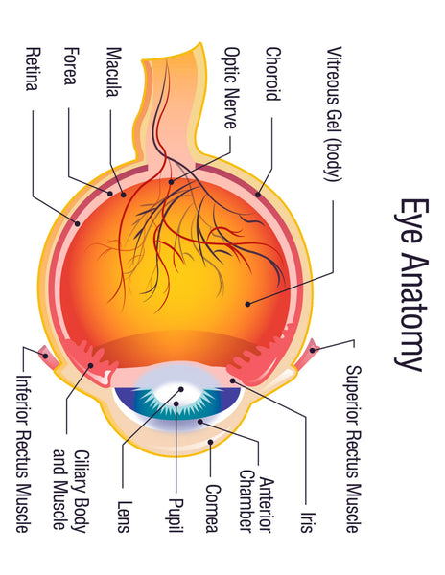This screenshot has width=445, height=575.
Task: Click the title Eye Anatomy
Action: pyautogui.click(x=411, y=285)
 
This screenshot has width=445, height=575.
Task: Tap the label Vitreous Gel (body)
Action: pyautogui.click(x=334, y=114)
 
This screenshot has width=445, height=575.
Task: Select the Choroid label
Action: pyautogui.click(x=273, y=74)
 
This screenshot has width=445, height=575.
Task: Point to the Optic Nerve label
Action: pyautogui.click(x=231, y=88)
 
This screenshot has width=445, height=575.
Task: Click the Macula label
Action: pyautogui.click(x=113, y=72)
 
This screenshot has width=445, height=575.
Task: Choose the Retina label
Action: pyautogui.click(x=33, y=69)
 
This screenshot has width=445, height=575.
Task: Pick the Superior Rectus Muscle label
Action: pyautogui.click(x=354, y=448)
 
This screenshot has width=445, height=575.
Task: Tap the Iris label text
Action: pyautogui.click(x=308, y=522)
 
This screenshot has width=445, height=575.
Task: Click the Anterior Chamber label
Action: pyautogui.click(x=256, y=501)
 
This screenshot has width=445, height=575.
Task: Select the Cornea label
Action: pyautogui.click(x=213, y=508)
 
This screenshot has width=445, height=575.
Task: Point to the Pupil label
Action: pyautogui.click(x=176, y=515)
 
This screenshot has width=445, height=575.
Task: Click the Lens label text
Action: pyautogui.click(x=124, y=517)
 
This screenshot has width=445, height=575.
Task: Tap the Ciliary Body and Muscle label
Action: pyautogui.click(x=71, y=491)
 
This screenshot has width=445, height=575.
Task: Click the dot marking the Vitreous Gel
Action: pyautogui.click(x=248, y=304)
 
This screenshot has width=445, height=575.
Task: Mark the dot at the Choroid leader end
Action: pyautogui.click(x=258, y=195)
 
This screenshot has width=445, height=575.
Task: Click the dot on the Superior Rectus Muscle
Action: pyautogui.click(x=313, y=350)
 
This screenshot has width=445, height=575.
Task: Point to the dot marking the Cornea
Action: pyautogui.click(x=211, y=442)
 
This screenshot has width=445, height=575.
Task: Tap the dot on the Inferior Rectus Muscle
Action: pyautogui.click(x=45, y=356)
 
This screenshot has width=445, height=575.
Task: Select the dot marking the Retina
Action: pyautogui.click(x=78, y=223)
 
